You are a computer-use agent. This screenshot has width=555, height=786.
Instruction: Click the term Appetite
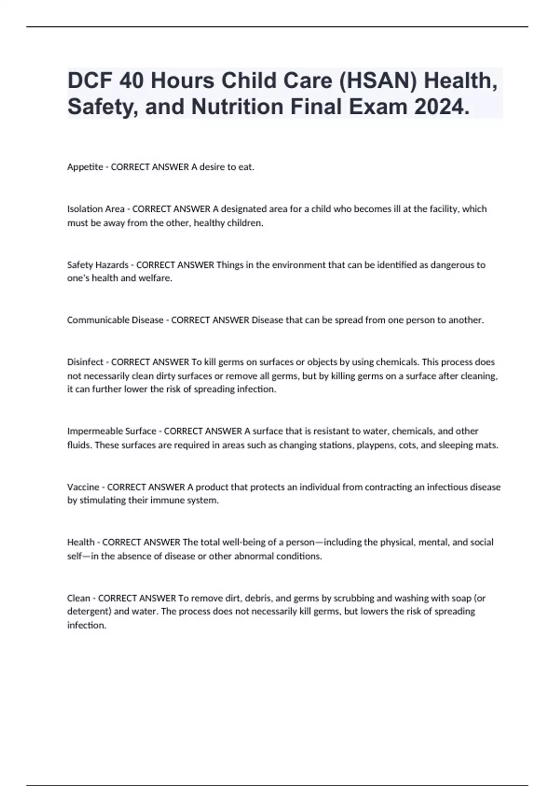click(85, 167)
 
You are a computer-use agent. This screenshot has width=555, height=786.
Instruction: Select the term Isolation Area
click(96, 209)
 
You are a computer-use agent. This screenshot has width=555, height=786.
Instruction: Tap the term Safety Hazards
click(98, 265)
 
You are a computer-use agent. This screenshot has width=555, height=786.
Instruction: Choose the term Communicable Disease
click(115, 320)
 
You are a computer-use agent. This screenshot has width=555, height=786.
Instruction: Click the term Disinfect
click(85, 362)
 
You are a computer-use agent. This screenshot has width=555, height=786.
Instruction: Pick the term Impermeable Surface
click(111, 431)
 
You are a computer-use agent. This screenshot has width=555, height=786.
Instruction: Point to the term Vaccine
click(83, 487)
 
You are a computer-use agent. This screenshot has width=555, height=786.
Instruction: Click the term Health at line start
click(81, 542)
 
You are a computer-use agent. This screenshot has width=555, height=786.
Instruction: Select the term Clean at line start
click(79, 598)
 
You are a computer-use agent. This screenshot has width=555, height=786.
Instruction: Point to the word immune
click(165, 500)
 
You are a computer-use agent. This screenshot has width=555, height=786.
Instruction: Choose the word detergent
click(89, 611)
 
